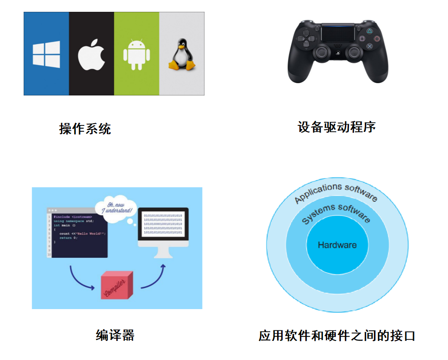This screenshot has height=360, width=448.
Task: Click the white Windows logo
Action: click(x=46, y=55)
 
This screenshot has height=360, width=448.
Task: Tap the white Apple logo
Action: click(x=91, y=55)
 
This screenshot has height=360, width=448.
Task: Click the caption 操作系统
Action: click(x=85, y=129)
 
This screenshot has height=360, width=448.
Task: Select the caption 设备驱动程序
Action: click(x=337, y=127)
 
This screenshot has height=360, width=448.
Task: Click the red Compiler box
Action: click(x=117, y=285)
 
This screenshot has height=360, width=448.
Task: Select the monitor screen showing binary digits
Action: click(x=163, y=224)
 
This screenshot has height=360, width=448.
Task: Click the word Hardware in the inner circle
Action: click(x=337, y=245)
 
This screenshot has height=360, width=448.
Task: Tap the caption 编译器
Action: click(x=115, y=335)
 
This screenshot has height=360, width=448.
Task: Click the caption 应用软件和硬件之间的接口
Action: click(x=337, y=336)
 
